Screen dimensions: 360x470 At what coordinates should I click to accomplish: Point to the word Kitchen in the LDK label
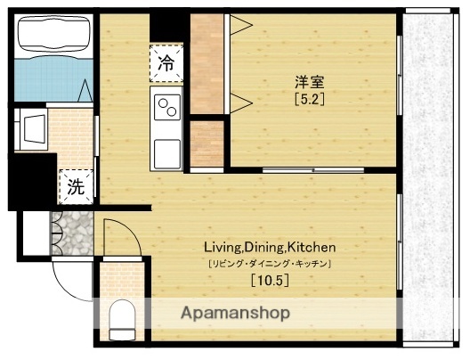312,247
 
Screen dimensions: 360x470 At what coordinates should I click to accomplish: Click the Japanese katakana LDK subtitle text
270,264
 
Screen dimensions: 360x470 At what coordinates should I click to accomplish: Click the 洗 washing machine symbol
77,186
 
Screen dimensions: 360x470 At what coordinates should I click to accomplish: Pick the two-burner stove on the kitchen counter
167,108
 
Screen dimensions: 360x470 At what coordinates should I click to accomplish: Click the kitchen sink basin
166,151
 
